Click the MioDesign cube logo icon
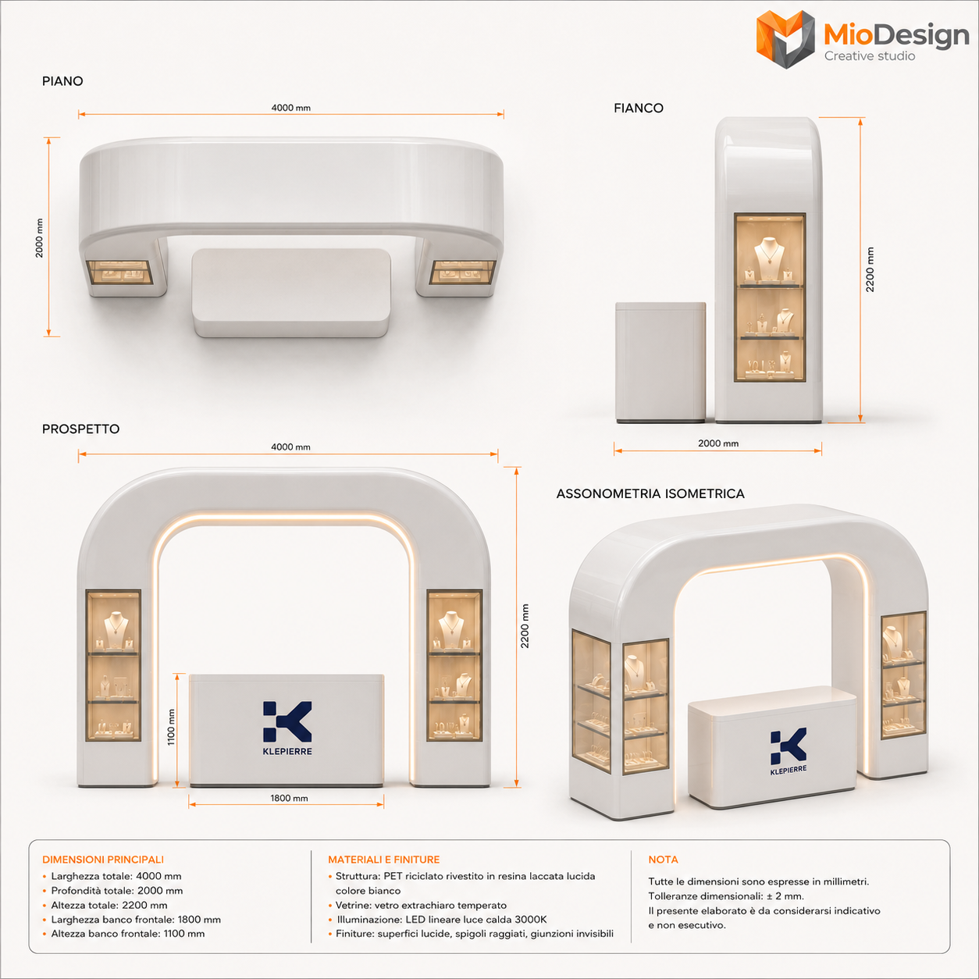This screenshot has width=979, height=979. tap(785, 39)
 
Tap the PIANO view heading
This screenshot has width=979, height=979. tap(62, 81)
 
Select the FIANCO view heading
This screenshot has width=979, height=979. tap(639, 109)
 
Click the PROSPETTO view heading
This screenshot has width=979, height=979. tap(80, 429)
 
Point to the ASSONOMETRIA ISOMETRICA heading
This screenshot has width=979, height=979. tap(650, 494)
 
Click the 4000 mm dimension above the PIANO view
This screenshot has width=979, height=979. tap(290, 108)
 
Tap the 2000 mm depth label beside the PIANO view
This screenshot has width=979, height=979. tap(40, 238)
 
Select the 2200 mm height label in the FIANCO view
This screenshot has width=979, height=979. tap(870, 270)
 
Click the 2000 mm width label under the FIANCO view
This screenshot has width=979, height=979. tap(718, 443)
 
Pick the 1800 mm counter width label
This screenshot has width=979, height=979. tap(289, 798)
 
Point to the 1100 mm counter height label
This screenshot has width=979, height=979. tap(171, 728)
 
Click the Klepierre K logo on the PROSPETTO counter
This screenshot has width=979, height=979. tap(287, 721)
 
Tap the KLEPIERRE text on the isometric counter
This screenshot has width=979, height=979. tap(789, 771)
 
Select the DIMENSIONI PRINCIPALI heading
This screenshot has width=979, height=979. tap(103, 860)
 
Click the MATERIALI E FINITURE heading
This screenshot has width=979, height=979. tap(383, 860)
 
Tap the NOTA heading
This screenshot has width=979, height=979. tap(663, 860)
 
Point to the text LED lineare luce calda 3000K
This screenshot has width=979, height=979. tap(476, 920)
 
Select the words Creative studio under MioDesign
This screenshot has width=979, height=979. tap(870, 56)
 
